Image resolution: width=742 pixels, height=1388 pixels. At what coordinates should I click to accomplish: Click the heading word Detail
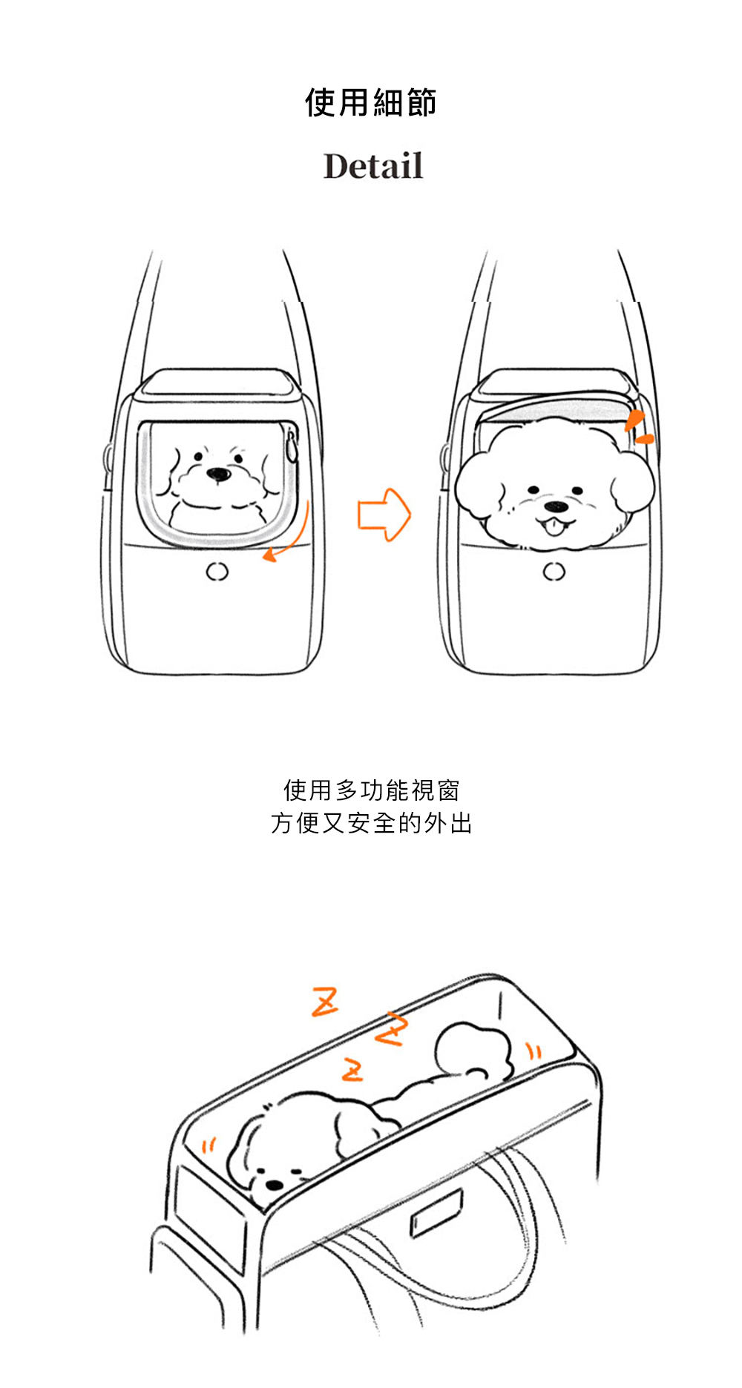[x=373, y=166]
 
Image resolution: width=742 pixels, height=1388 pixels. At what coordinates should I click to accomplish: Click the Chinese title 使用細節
[x=370, y=102]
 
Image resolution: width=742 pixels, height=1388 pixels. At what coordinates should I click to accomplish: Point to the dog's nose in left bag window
[x=217, y=474]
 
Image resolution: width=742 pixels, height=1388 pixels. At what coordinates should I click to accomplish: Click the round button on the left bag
[x=217, y=572]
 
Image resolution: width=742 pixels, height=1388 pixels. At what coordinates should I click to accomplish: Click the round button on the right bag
[x=554, y=572]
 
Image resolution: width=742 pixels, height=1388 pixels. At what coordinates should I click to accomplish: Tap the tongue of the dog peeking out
[x=552, y=527]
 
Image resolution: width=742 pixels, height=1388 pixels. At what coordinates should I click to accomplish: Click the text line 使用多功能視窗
[x=371, y=790]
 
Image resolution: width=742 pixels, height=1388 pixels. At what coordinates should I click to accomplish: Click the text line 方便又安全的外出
[x=371, y=823]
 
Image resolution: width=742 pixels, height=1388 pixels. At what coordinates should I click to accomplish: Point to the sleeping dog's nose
[x=274, y=1185]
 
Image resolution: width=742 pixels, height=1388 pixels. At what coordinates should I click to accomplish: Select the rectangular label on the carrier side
[x=437, y=1213]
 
